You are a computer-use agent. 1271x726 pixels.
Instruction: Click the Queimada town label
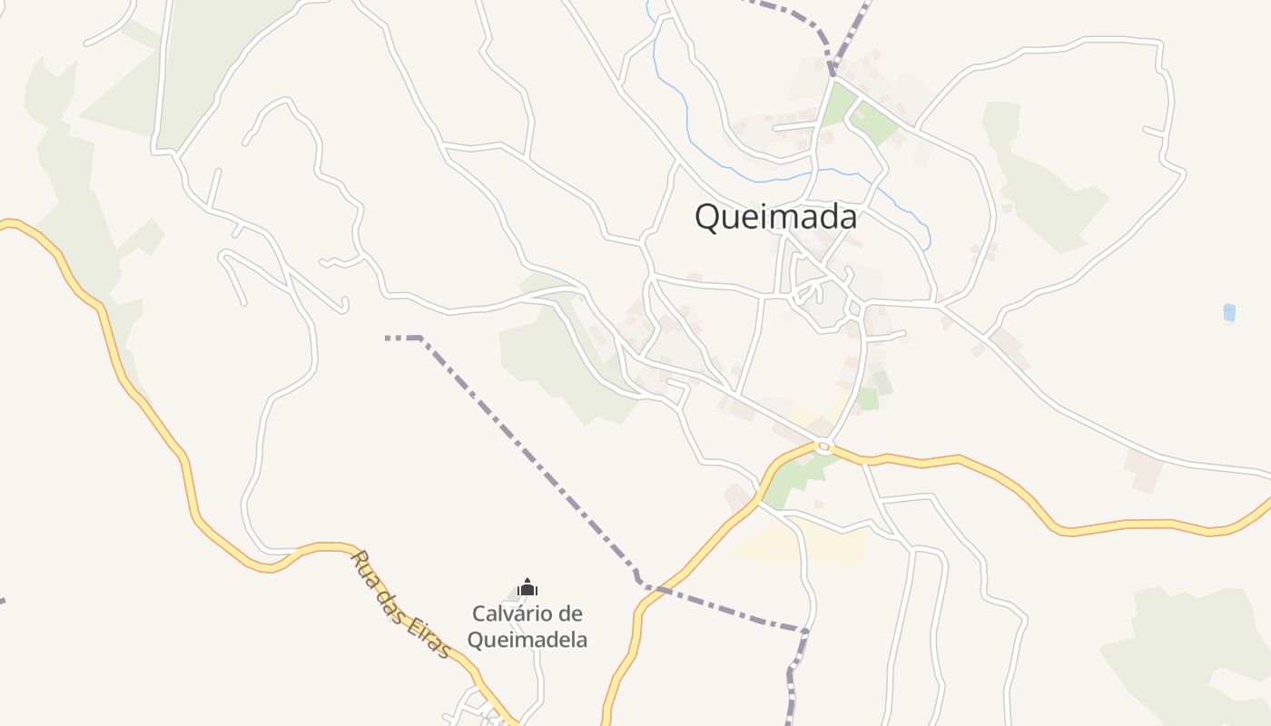(775, 218)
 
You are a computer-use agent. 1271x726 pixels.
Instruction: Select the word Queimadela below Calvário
(527, 640)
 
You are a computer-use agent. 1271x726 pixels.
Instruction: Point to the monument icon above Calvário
(527, 588)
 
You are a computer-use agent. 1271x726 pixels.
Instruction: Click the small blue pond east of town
(1229, 313)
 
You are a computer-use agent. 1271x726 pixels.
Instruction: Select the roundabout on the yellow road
(823, 446)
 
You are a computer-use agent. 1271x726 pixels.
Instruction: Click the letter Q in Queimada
(708, 218)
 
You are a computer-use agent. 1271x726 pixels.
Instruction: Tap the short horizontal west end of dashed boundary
(402, 338)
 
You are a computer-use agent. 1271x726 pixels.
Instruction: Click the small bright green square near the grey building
(867, 398)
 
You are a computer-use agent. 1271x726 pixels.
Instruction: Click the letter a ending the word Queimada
(847, 218)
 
